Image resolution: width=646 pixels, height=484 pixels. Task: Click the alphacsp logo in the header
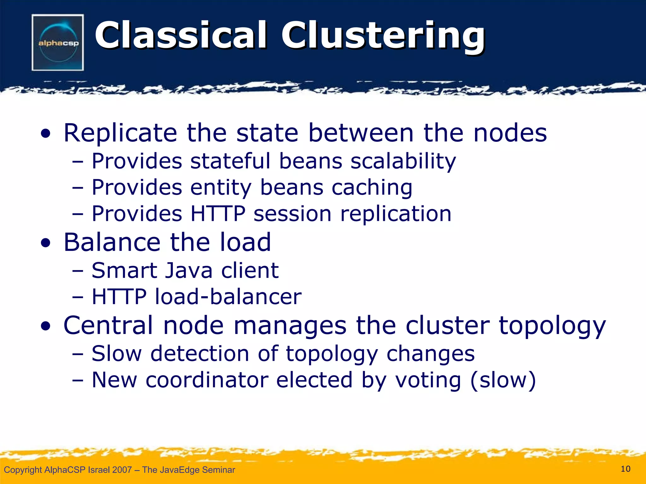tap(58, 43)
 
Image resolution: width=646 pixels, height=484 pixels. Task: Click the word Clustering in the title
tap(383, 35)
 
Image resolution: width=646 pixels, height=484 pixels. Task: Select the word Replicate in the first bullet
tap(120, 133)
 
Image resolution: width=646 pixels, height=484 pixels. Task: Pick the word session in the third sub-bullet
tap(292, 214)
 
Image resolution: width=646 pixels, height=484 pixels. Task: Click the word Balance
tap(112, 242)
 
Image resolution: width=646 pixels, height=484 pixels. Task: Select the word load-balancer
tap(228, 297)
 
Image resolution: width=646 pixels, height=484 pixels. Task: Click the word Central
tap(108, 325)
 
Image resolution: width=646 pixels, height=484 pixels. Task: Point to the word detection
tap(200, 354)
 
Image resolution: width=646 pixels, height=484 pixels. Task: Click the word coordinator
tap(207, 380)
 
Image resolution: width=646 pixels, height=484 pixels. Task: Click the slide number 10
tap(625, 469)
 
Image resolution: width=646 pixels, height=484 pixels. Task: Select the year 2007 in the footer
tap(121, 470)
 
